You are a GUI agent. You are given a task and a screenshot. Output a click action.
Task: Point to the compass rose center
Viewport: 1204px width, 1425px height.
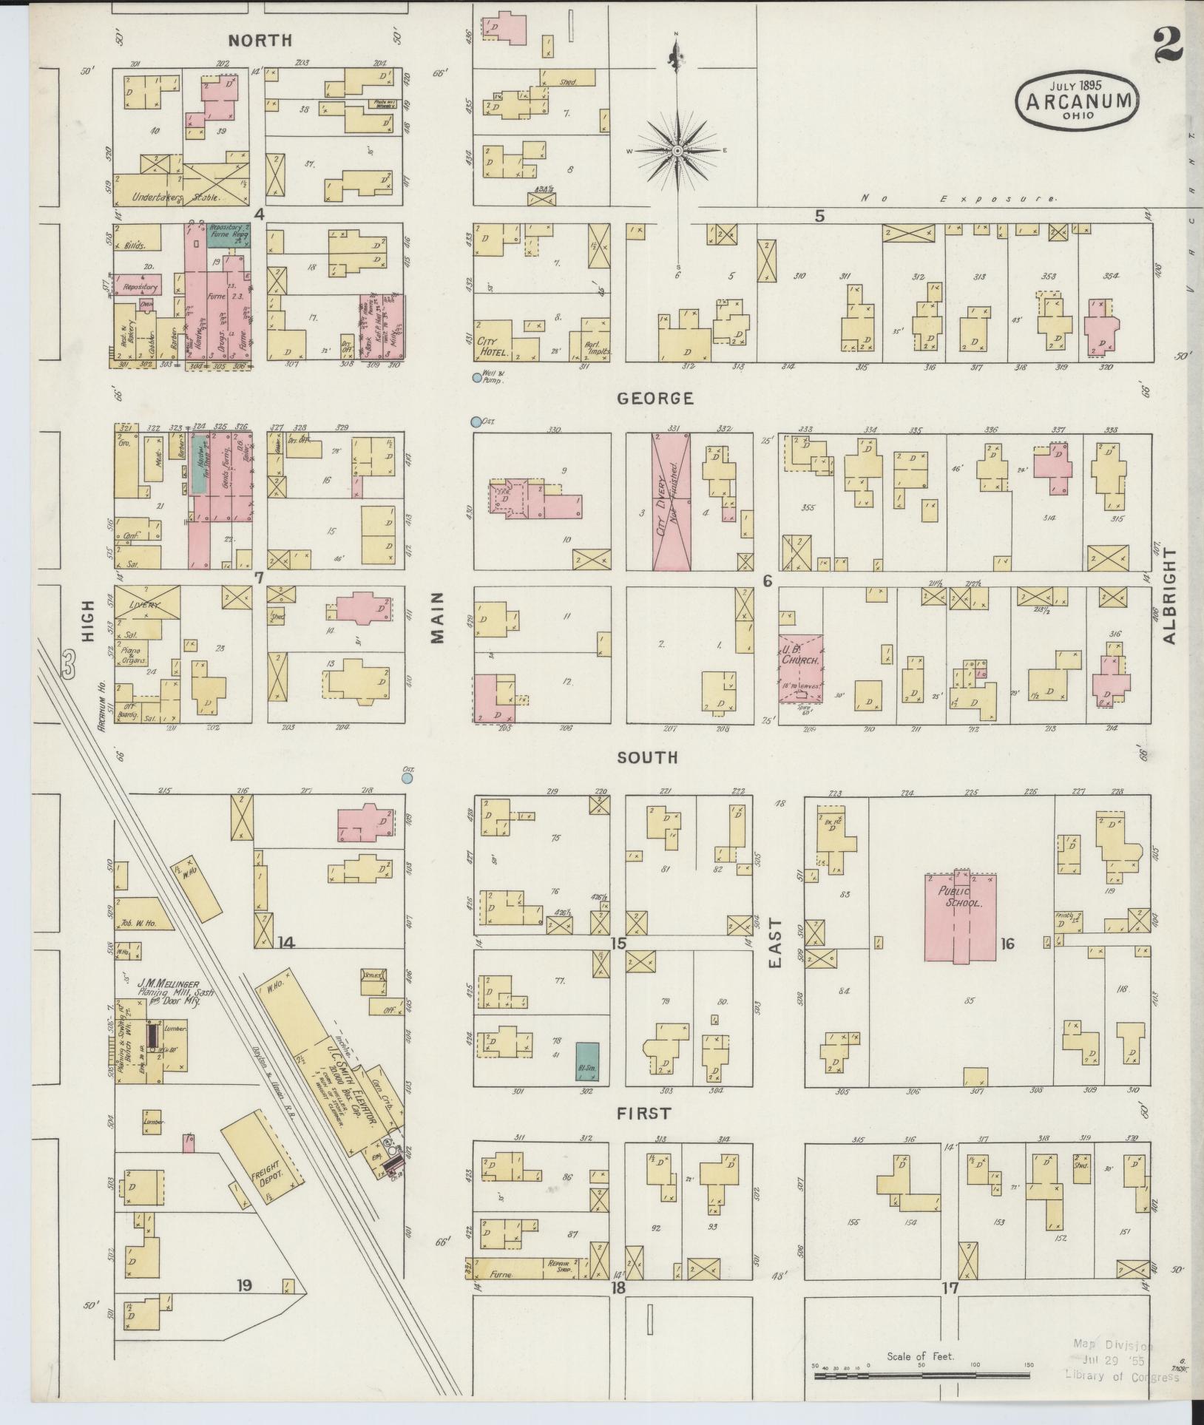[x=677, y=151]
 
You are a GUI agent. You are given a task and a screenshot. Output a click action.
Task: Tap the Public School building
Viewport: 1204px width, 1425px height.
[x=959, y=917]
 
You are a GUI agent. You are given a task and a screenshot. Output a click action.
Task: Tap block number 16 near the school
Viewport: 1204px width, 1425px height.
[x=1007, y=943]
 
